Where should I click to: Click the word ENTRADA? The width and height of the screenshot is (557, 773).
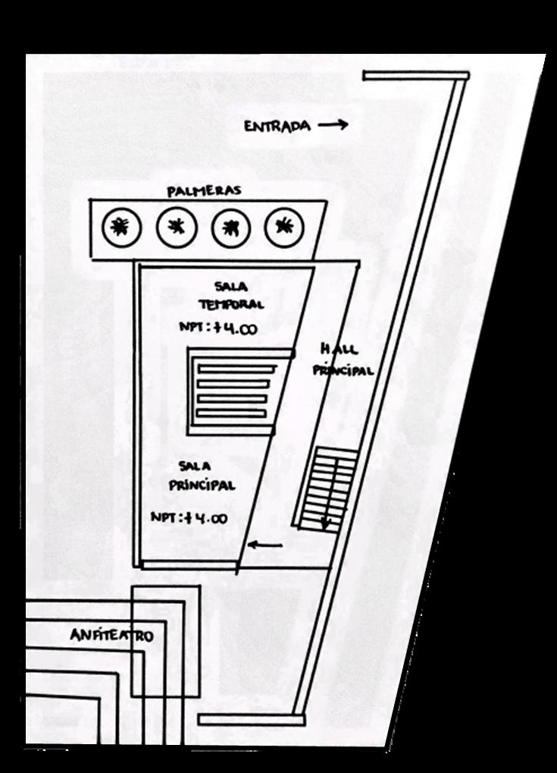click(x=277, y=127)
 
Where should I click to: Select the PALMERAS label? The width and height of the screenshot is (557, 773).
click(x=204, y=191)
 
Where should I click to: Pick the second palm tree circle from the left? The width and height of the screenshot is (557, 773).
click(x=176, y=225)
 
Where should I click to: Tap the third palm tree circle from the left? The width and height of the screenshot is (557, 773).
click(x=230, y=226)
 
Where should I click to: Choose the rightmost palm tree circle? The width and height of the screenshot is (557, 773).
click(x=284, y=225)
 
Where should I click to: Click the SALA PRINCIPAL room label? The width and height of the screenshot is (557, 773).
click(x=201, y=476)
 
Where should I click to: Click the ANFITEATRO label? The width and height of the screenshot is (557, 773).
click(x=111, y=635)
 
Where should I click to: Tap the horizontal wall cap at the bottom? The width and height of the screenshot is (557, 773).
click(x=251, y=719)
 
